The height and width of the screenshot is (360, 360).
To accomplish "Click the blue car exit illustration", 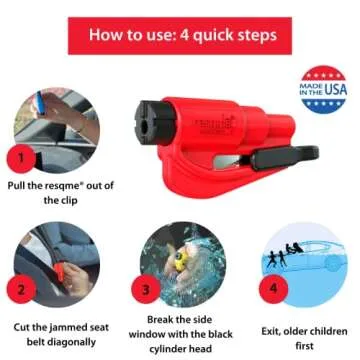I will coord(304,268).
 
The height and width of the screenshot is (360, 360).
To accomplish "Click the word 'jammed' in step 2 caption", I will coord(67,325).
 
